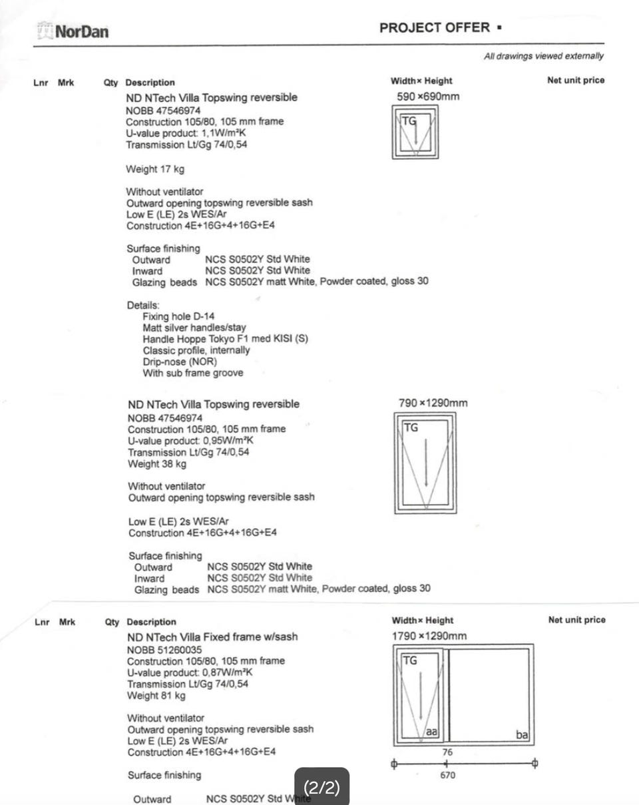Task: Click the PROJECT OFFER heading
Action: (x=440, y=28)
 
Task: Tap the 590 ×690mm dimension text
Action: (x=428, y=97)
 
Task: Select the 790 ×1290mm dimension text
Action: (x=433, y=403)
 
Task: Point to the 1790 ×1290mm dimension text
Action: (x=429, y=636)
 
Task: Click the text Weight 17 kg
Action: (x=155, y=169)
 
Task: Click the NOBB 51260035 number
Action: (x=164, y=649)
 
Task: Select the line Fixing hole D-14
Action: (x=178, y=316)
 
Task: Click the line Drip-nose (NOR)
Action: (x=180, y=362)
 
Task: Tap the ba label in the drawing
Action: (x=522, y=735)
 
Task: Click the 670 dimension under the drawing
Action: (x=448, y=776)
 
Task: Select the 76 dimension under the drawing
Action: (x=447, y=752)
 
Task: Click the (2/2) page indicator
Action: (x=321, y=788)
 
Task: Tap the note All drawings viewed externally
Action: (x=544, y=57)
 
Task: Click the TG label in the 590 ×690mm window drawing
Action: (x=407, y=121)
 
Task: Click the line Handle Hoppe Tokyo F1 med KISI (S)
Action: (x=225, y=339)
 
